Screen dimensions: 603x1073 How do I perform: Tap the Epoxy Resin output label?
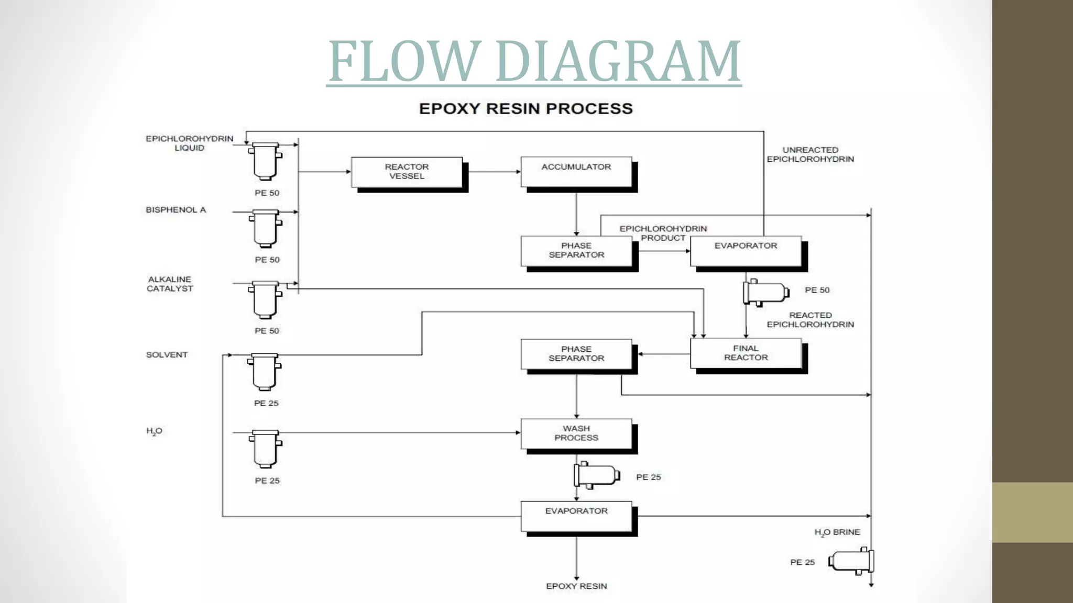tap(576, 586)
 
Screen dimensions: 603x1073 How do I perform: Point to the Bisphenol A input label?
tap(176, 210)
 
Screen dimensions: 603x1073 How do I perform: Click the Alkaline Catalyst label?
tap(170, 284)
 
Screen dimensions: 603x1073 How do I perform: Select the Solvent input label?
tap(167, 355)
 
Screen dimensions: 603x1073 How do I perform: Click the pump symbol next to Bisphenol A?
tap(266, 228)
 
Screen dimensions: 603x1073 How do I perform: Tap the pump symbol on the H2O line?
tap(266, 449)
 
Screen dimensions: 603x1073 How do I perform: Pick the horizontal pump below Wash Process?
tap(597, 475)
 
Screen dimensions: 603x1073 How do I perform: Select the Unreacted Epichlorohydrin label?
tap(810, 154)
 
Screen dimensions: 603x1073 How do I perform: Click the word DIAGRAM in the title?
tap(618, 61)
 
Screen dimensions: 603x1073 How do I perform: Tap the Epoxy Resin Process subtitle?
tap(525, 109)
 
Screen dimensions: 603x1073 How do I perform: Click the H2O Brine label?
tap(837, 532)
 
